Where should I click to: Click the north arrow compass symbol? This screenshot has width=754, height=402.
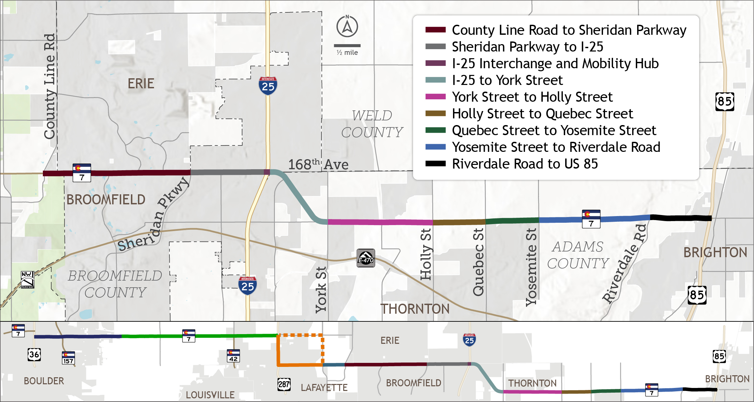(347, 26)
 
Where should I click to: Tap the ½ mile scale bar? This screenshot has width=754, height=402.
(347, 45)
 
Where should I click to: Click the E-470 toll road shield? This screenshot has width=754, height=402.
(366, 258)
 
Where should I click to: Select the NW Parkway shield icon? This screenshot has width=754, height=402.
(27, 280)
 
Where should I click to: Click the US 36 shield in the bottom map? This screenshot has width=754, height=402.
(34, 355)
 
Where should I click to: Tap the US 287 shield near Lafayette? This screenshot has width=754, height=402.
(284, 384)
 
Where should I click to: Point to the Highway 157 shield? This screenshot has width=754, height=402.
(68, 358)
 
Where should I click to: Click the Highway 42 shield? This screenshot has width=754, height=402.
(233, 356)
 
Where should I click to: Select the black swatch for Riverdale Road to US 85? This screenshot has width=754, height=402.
(435, 164)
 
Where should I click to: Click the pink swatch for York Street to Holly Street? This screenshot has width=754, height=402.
(435, 97)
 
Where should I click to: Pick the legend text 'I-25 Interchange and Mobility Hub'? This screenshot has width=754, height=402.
(555, 64)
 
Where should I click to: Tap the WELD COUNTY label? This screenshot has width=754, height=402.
(372, 124)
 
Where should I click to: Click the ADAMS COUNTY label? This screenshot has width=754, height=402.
(578, 255)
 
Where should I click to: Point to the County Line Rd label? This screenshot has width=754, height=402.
(50, 86)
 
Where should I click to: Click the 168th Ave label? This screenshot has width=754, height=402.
(318, 165)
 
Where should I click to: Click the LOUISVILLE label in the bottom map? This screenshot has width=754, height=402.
(210, 395)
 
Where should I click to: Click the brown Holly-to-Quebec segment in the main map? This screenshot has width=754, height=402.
(459, 222)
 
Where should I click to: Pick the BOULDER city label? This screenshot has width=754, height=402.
(44, 381)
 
